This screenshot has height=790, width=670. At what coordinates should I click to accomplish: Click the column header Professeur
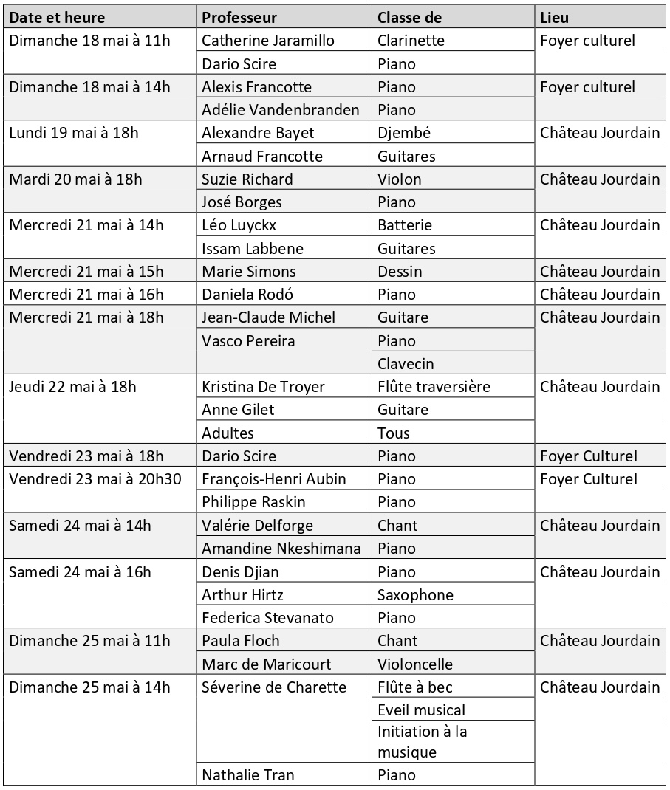click(239, 17)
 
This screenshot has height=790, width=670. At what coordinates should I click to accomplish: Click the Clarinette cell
click(411, 41)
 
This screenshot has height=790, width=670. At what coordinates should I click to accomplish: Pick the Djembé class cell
click(404, 133)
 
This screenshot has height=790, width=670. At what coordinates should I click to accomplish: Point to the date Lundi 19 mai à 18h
click(74, 133)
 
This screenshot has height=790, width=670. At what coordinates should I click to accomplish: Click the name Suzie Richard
click(247, 179)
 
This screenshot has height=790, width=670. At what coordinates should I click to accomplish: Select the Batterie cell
click(405, 225)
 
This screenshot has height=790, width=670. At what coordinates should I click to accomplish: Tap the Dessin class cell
click(400, 271)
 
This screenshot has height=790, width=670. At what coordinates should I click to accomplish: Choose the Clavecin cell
click(406, 363)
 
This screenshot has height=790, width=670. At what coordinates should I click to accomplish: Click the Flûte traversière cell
click(434, 387)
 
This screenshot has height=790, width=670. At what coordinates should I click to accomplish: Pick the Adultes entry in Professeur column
click(228, 433)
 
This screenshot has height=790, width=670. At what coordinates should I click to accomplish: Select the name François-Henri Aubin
click(273, 479)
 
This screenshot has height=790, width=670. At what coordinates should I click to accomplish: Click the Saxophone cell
click(415, 594)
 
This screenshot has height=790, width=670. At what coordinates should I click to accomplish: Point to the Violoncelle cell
click(415, 664)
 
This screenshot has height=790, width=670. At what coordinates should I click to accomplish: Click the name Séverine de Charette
click(274, 687)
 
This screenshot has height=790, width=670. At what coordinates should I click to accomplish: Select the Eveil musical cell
click(421, 710)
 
